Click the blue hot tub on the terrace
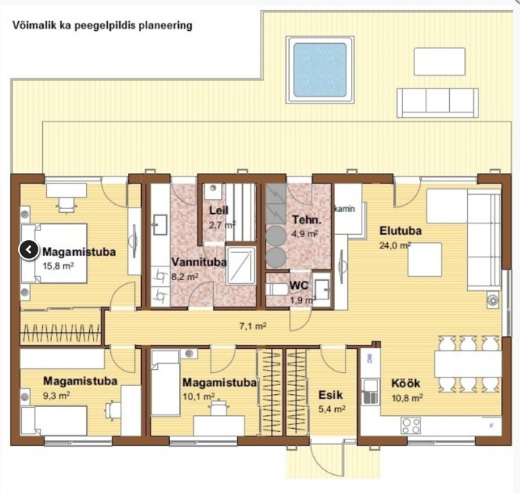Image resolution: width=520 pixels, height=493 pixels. click(320, 69)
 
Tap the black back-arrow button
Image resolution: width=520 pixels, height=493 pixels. click(29, 250)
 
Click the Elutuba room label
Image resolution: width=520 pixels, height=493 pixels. click(400, 230)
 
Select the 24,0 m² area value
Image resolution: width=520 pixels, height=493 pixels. click(395, 245)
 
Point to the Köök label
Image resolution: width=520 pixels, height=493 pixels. click(405, 384)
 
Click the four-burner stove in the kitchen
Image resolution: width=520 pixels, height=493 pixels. click(411, 426)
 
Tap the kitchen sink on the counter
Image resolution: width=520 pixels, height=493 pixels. click(370, 392)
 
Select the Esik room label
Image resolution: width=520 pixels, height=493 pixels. click(331, 395)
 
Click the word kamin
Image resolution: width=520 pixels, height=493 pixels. click(345, 209)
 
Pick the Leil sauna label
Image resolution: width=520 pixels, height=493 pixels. click(219, 211)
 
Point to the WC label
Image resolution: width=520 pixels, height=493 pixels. click(299, 285)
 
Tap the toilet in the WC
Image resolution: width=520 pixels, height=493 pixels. click(276, 289)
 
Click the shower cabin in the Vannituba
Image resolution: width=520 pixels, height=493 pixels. click(241, 266)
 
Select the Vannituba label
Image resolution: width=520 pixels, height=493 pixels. click(199, 262)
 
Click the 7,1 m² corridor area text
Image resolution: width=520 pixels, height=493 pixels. click(253, 326)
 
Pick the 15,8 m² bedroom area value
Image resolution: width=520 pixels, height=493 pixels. click(58, 266)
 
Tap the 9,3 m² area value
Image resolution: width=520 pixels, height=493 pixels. click(57, 396)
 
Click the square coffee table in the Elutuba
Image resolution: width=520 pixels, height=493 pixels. click(424, 260)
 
